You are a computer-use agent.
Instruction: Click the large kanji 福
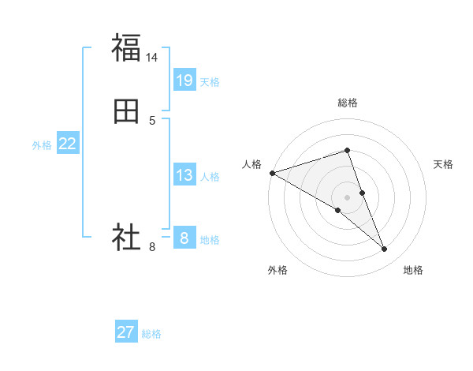tap(126, 47)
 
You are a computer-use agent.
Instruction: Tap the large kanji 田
tap(126, 112)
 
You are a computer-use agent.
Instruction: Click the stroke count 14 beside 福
tap(152, 57)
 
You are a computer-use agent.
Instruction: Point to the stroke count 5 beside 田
tap(152, 121)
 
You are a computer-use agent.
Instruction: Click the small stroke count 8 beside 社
tap(152, 247)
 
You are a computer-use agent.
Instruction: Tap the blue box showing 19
tap(184, 80)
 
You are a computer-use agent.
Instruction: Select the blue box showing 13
tap(184, 175)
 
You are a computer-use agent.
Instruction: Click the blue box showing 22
tap(68, 144)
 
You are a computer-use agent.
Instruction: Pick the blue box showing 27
tap(126, 332)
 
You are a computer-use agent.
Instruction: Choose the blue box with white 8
tap(184, 238)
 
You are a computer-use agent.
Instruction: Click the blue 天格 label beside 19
tap(210, 81)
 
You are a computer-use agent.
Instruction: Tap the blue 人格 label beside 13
tap(210, 177)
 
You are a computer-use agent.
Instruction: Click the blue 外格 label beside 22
tap(42, 145)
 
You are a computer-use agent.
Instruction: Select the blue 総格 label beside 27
tap(151, 334)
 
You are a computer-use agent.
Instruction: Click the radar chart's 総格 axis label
tap(348, 103)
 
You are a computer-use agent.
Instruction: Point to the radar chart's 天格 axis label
tap(444, 164)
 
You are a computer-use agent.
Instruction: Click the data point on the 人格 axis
tap(272, 173)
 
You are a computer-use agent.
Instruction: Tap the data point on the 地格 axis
tap(385, 249)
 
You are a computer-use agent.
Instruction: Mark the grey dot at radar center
tap(348, 197)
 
